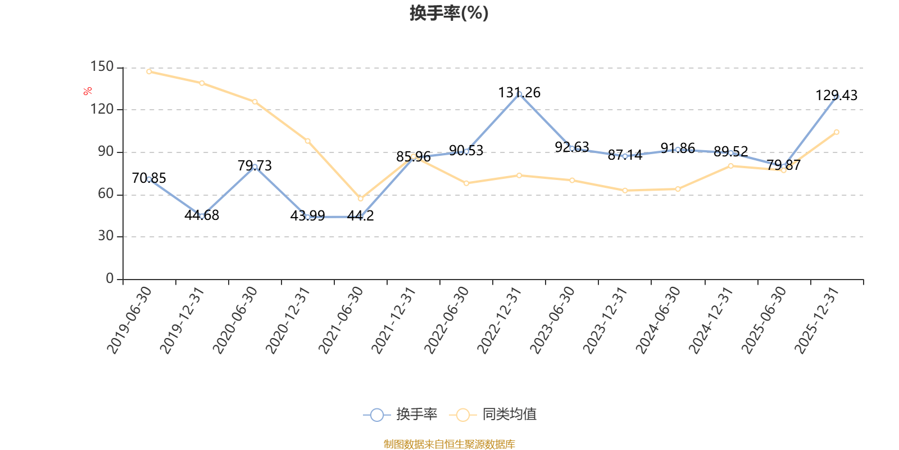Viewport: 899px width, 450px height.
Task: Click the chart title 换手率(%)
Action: [449, 13]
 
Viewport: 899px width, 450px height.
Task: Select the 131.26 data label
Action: [519, 93]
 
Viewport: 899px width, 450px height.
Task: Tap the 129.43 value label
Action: [837, 96]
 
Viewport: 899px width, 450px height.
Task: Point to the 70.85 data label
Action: [149, 178]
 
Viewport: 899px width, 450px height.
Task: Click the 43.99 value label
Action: [307, 216]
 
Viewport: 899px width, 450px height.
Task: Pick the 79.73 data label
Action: [255, 166]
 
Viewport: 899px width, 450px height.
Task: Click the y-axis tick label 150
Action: [102, 67]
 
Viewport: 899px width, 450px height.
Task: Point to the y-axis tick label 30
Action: [106, 236]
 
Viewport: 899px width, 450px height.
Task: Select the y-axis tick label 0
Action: [110, 279]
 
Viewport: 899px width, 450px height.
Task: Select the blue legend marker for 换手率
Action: [377, 415]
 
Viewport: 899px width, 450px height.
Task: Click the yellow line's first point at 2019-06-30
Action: [149, 71]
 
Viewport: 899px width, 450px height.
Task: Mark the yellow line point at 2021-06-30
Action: [361, 199]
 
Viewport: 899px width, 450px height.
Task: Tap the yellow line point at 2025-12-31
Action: [837, 132]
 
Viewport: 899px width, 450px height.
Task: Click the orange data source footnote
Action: [449, 444]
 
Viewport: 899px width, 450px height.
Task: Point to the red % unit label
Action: [88, 91]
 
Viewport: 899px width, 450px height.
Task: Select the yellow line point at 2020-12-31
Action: [307, 141]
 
